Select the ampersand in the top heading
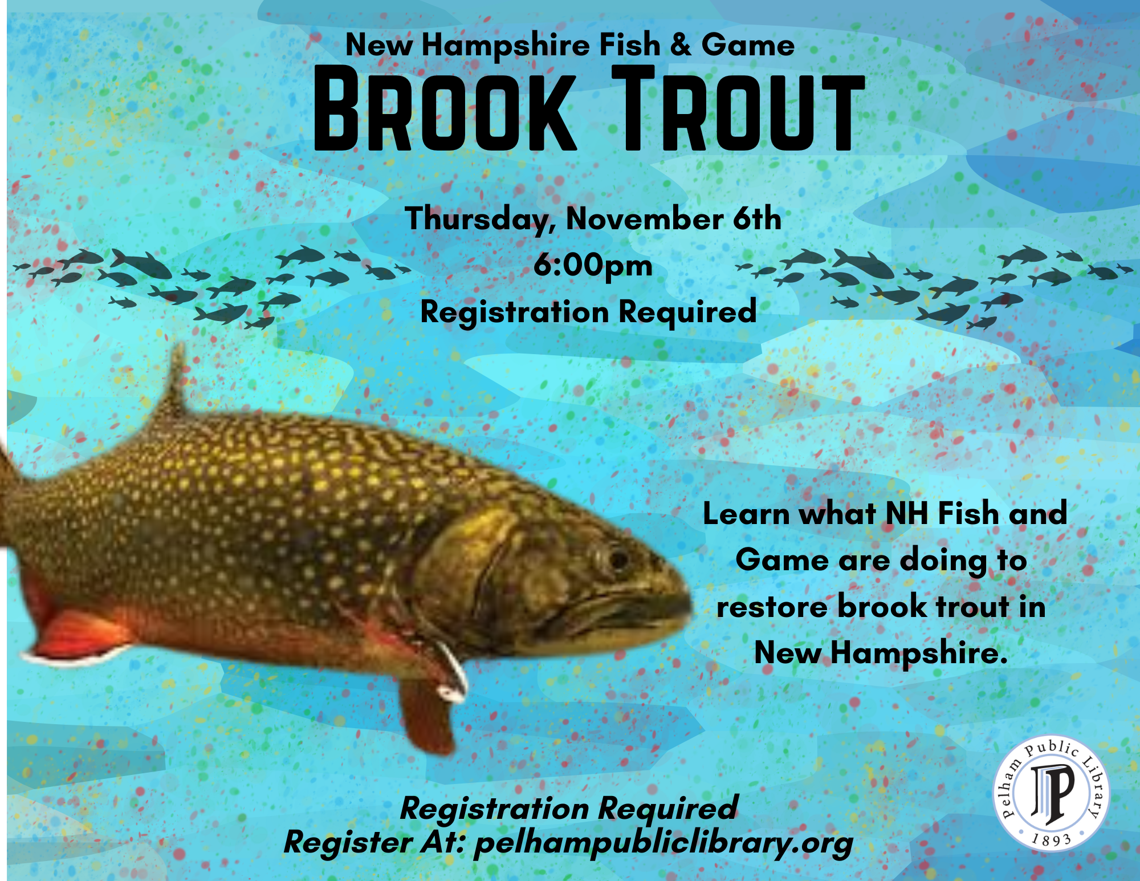tap(680, 44)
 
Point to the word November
tap(644, 219)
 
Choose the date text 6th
tap(757, 218)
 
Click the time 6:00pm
tap(593, 266)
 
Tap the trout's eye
tap(617, 559)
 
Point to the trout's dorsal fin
tap(174, 388)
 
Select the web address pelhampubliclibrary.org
tap(663, 843)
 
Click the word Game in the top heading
tap(747, 44)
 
